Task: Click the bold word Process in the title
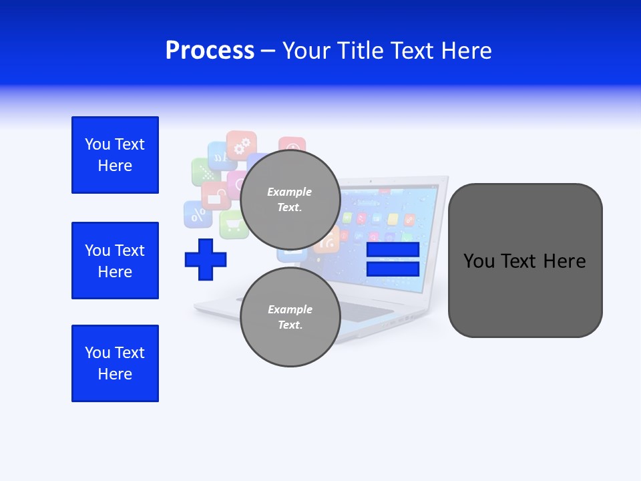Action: (210, 50)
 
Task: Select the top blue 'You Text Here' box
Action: (115, 155)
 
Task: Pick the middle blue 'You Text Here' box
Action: (115, 261)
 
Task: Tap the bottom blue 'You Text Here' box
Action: (115, 363)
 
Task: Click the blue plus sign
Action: (206, 259)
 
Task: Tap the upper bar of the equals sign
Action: (393, 249)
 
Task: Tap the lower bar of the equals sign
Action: (393, 269)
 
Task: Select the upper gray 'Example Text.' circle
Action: (290, 200)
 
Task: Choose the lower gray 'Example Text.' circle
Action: (290, 317)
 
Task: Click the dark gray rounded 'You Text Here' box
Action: (525, 261)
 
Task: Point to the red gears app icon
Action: (241, 144)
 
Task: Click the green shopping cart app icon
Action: (233, 224)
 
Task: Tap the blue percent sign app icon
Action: (198, 214)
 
